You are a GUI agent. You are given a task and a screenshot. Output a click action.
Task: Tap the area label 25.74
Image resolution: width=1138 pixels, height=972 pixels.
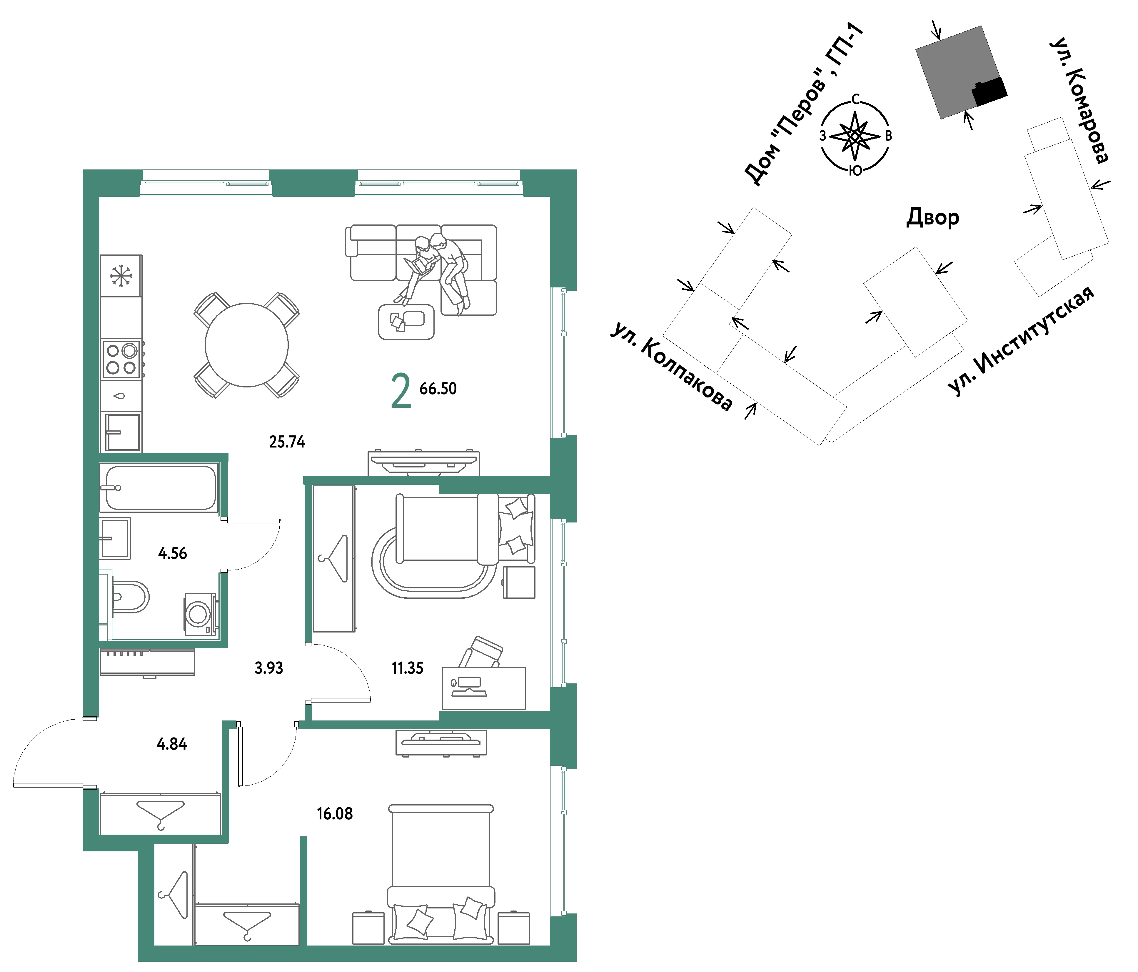pos(287,442)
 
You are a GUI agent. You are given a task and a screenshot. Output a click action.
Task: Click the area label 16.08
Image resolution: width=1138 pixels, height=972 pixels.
pos(334,814)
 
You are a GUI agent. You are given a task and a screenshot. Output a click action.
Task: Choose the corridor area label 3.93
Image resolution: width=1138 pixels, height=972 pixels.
pos(268,668)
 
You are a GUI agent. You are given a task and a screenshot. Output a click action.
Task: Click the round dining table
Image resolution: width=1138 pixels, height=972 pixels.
pos(247,345)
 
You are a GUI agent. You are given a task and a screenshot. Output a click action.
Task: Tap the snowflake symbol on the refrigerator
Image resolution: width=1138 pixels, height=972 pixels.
pos(121,276)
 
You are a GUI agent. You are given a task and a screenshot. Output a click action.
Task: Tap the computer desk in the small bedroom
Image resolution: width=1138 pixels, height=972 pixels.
pos(484,688)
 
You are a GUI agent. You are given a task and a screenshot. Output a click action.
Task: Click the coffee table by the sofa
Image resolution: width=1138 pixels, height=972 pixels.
pos(406,322)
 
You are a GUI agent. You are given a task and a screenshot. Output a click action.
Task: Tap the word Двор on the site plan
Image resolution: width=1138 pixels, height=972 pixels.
pos(932,218)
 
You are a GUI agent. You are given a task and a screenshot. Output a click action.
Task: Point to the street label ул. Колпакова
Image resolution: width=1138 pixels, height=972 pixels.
pos(671,367)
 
